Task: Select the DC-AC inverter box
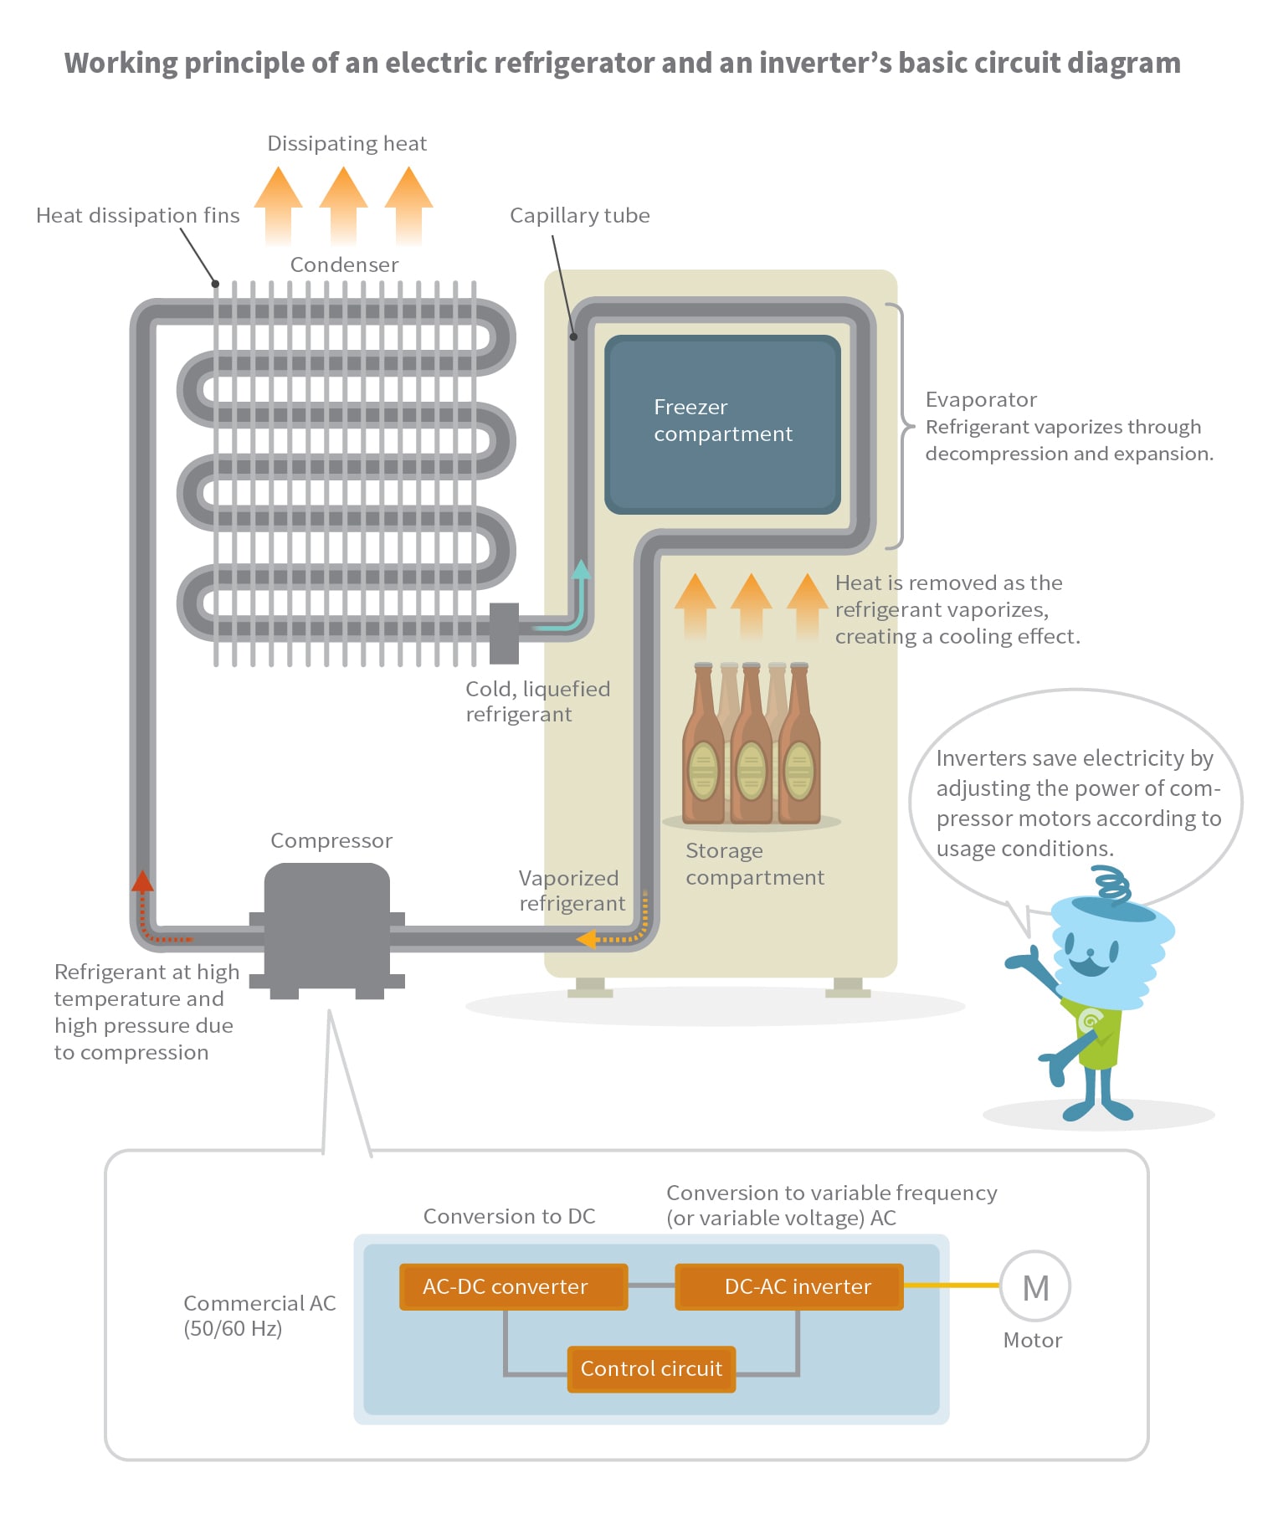[788, 1286]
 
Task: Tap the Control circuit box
[650, 1368]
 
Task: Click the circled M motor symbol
[1035, 1287]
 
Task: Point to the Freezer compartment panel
[722, 423]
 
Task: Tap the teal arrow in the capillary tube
[580, 572]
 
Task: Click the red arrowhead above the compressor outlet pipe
[143, 880]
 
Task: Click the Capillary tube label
[579, 215]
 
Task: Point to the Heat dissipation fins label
[137, 215]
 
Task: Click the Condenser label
[344, 264]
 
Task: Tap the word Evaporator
[981, 399]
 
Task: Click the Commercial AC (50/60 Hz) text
[259, 1315]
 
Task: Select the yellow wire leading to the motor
[952, 1285]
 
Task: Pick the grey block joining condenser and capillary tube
[504, 633]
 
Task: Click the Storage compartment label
[754, 864]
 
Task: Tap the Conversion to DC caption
[509, 1216]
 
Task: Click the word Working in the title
[121, 63]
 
